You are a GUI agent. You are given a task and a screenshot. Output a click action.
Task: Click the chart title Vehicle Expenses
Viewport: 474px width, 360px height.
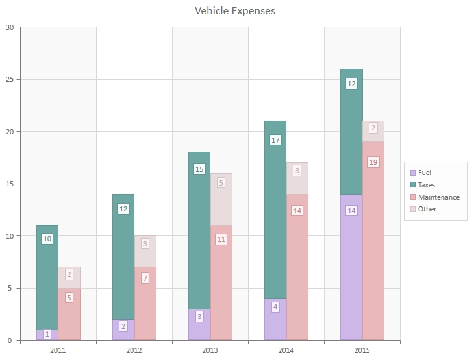[x=235, y=11]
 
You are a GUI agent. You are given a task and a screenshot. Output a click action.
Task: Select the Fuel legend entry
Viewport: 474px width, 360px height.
[x=425, y=173]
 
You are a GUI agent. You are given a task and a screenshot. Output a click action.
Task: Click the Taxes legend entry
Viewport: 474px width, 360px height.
[x=427, y=185]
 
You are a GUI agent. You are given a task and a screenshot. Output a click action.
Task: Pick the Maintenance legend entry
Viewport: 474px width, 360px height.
[x=438, y=197]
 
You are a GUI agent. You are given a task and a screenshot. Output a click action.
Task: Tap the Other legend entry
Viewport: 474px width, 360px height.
[x=427, y=209]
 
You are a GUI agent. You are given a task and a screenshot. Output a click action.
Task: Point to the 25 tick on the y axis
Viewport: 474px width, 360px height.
[x=10, y=79]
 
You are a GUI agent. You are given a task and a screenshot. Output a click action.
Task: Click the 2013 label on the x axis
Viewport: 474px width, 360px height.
[x=210, y=350]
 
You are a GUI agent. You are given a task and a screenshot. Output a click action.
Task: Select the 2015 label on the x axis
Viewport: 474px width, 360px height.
[x=362, y=350]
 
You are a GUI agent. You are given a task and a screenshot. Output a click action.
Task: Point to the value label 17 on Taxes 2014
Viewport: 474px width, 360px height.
[x=275, y=139]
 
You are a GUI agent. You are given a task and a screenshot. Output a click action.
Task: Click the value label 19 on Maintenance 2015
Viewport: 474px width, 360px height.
[x=373, y=162]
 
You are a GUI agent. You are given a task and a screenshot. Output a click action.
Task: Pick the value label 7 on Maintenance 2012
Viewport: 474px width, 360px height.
[x=145, y=278]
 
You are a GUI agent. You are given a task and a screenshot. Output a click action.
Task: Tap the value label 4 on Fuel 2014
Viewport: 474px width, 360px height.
[x=275, y=307]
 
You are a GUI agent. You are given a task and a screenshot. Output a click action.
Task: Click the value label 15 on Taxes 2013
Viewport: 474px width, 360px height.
[x=199, y=169]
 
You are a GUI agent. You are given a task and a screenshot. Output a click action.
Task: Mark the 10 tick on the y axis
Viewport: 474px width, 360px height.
[x=10, y=235]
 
